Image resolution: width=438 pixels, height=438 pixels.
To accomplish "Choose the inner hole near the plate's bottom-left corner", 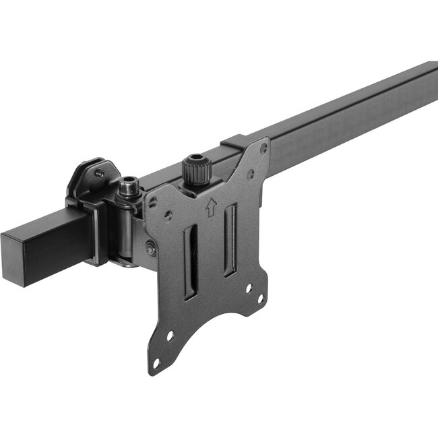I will click(170, 335).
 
